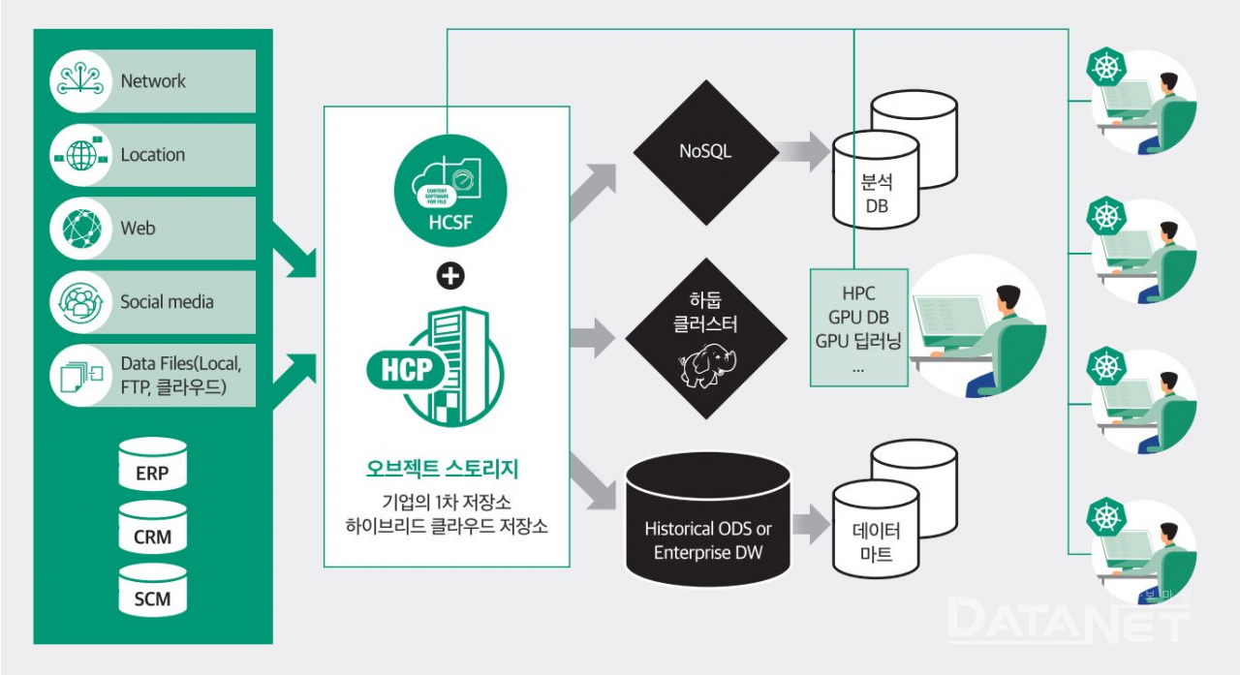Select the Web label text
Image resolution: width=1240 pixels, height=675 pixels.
click(x=138, y=229)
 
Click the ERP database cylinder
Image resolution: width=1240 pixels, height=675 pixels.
click(x=152, y=465)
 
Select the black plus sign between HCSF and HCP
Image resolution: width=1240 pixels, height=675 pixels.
click(x=450, y=276)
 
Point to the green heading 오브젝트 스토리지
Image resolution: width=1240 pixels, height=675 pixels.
click(x=447, y=470)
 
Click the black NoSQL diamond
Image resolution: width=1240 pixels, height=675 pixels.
click(x=706, y=151)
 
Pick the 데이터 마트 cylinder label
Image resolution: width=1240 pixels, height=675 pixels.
click(x=876, y=542)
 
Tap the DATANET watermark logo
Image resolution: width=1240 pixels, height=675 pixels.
click(x=1066, y=621)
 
